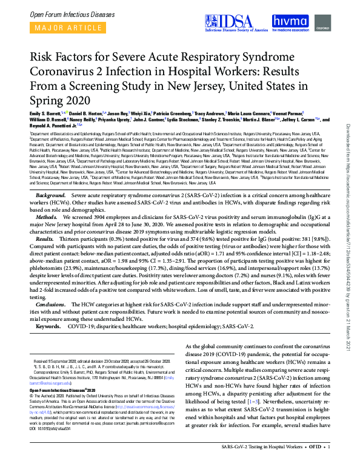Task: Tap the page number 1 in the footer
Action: point(328,465)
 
